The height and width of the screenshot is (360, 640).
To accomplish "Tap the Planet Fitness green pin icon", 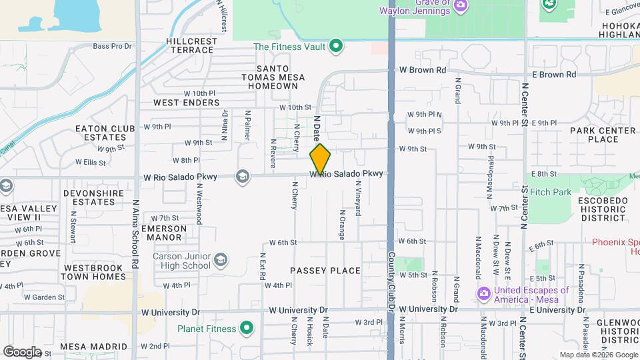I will [x=247, y=328].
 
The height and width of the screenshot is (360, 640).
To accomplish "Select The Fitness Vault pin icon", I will [x=337, y=46].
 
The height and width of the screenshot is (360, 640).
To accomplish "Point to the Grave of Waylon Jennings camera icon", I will [x=460, y=6].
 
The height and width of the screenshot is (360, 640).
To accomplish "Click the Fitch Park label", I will [x=551, y=192].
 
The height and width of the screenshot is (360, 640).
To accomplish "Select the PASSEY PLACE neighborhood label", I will [x=325, y=271].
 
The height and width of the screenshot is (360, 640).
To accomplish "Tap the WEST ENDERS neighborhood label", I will [x=187, y=103].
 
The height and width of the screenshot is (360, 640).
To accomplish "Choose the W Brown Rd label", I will [x=423, y=70].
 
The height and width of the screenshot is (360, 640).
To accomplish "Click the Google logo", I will [x=22, y=351].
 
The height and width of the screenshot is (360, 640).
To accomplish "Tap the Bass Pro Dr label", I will [x=113, y=46].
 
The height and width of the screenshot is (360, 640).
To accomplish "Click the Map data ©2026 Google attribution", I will [x=597, y=355].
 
